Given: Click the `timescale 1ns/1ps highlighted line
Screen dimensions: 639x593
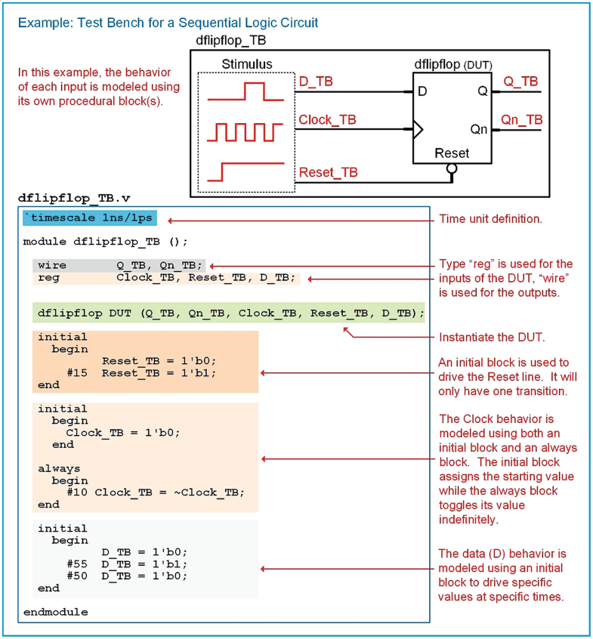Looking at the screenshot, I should click(90, 219).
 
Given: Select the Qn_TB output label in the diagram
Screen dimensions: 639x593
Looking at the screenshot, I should click(522, 119).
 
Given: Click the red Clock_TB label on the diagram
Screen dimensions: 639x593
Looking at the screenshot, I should click(328, 119).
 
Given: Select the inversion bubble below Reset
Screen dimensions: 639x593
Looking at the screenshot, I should click(452, 169).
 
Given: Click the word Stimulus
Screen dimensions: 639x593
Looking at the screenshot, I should click(247, 64).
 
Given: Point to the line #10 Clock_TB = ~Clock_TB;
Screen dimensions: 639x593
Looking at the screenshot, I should click(156, 492).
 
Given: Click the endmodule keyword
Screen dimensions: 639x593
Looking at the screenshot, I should click(55, 612).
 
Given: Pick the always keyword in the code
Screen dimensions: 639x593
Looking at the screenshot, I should click(59, 468).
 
